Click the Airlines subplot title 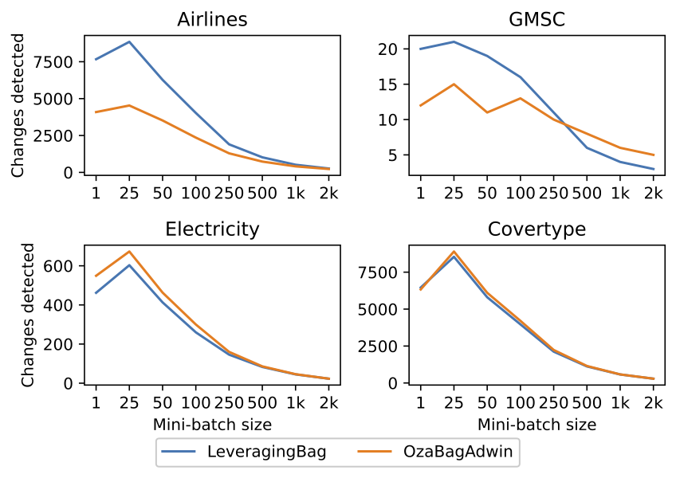212,20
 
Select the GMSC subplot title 536,20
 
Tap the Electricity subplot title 212,230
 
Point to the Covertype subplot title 536,230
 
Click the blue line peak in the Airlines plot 129,41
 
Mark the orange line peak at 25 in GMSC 454,84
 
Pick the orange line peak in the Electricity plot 129,252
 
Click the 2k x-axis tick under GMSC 653,194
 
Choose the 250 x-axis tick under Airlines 229,194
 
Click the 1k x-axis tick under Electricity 295,404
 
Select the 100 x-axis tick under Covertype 520,404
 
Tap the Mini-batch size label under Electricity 212,424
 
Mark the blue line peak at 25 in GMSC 454,41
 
